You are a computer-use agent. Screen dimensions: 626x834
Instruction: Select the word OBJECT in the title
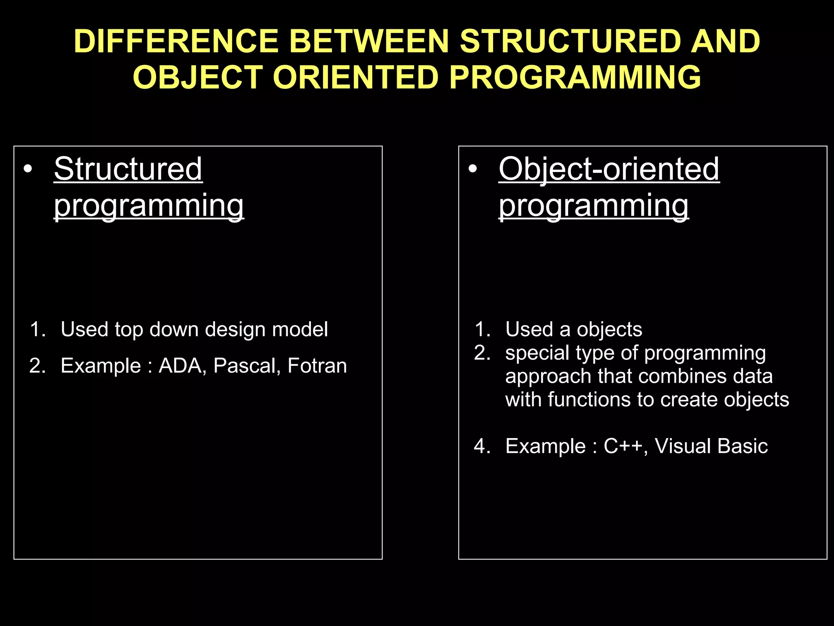coord(198,77)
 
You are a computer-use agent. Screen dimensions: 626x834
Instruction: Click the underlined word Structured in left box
coord(128,169)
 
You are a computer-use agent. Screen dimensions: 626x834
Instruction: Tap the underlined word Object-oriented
coord(609,169)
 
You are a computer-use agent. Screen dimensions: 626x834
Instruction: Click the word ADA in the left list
coord(180,366)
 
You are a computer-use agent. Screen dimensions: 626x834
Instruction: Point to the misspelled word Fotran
coord(317,366)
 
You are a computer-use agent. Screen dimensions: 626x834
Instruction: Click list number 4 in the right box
coord(482,446)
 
